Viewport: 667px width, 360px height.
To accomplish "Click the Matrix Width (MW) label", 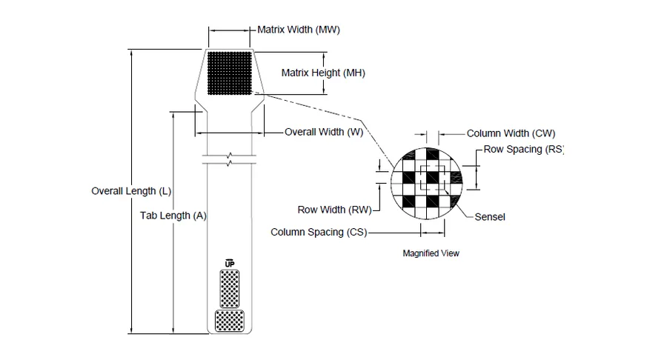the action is click(299, 30).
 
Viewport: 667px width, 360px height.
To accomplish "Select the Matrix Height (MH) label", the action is click(323, 73).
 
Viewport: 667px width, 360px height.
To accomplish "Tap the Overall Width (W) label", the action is click(324, 132).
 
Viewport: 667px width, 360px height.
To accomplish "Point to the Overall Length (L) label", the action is click(131, 191).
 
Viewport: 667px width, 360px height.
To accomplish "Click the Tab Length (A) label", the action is click(173, 216).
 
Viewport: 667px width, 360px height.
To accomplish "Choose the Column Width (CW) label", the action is click(511, 133).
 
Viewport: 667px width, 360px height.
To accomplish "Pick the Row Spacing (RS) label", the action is click(524, 150).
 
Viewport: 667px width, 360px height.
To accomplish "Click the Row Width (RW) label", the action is click(334, 210).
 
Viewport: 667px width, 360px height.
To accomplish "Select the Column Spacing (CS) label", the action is click(319, 233).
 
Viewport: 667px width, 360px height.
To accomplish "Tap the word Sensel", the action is click(490, 217).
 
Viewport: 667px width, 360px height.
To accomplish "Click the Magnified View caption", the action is click(431, 253).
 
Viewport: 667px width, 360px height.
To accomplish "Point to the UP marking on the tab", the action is click(230, 264).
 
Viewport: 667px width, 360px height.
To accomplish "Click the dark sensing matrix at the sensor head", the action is click(230, 73).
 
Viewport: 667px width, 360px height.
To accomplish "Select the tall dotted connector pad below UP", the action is click(230, 289).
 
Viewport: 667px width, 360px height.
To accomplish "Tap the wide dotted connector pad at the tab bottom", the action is click(230, 321).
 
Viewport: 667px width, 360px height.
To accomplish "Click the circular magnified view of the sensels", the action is click(426, 184).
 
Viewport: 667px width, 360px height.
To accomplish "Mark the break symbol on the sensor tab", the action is click(229, 159).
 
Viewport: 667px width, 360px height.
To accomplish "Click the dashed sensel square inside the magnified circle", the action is click(433, 178).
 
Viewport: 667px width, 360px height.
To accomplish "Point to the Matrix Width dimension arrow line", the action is click(229, 30).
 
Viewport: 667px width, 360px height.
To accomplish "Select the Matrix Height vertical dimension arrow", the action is click(324, 73).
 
